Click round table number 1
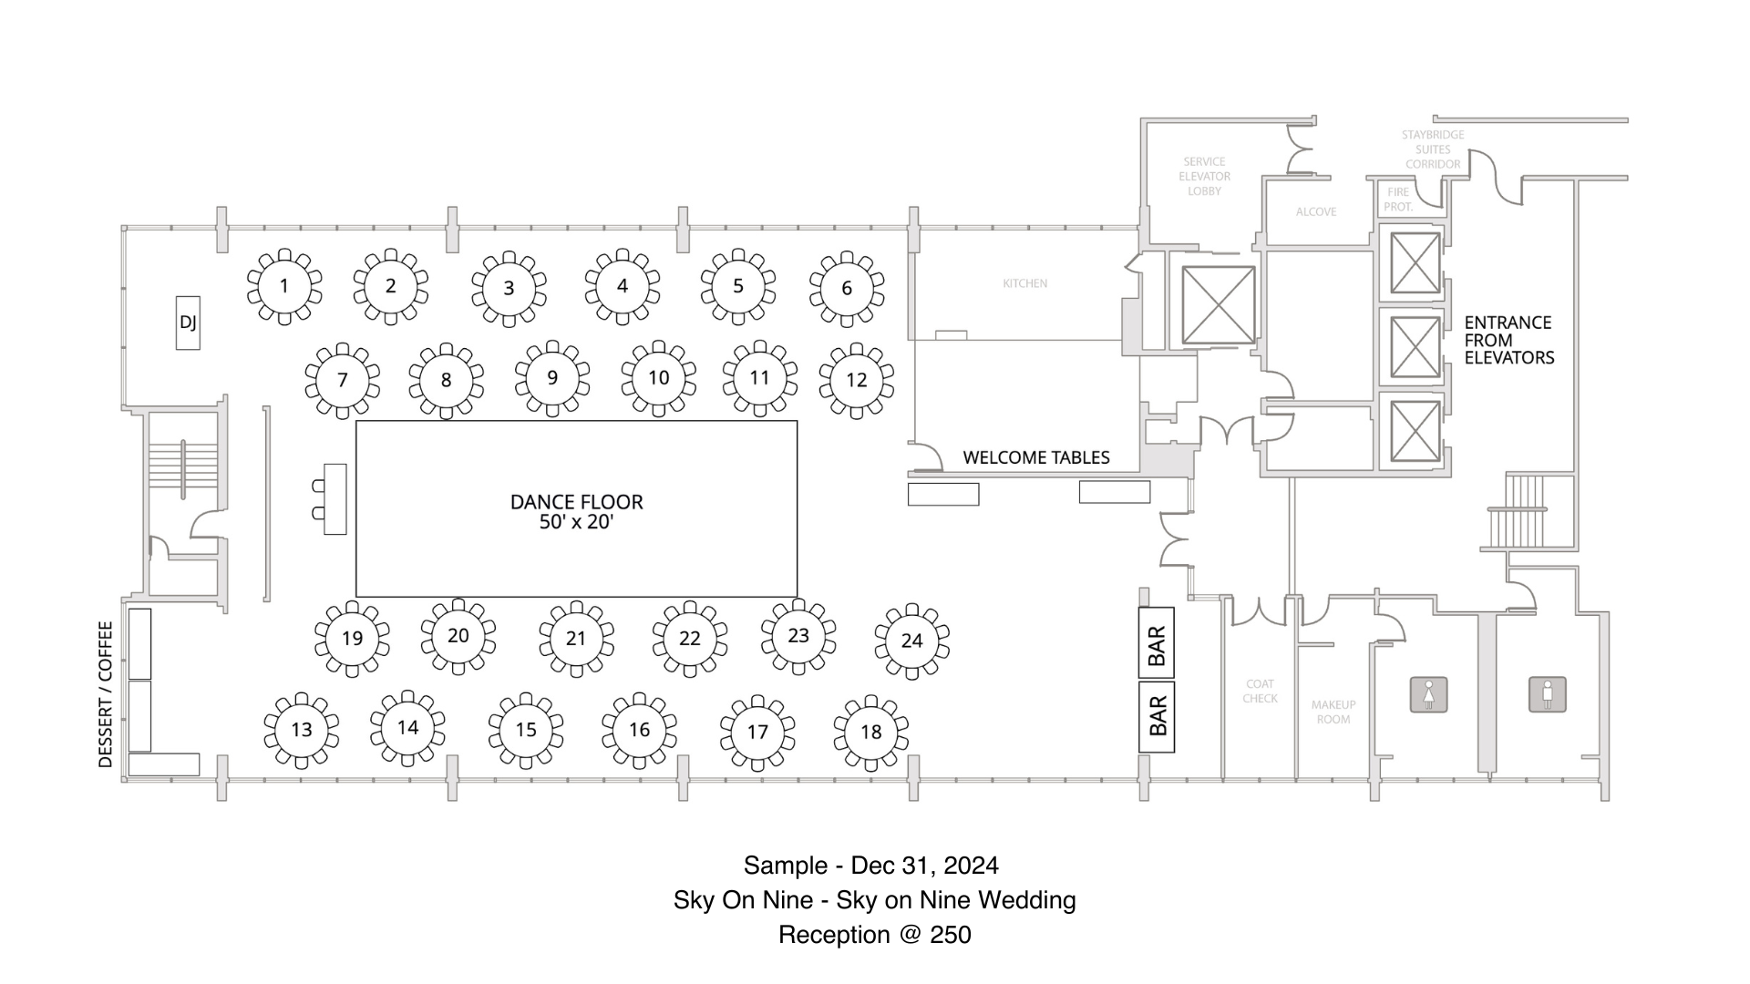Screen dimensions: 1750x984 point(284,287)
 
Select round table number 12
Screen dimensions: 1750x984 point(856,380)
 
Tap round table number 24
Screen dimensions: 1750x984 point(911,641)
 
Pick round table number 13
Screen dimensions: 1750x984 point(302,730)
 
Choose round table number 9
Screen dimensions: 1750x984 point(552,378)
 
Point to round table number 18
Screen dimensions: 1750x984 point(870,733)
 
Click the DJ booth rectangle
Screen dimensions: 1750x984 point(188,323)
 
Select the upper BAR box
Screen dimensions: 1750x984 point(1157,645)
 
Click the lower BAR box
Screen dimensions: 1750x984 point(1157,717)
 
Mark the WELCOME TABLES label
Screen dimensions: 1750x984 point(1036,457)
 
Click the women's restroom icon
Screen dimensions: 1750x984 point(1428,695)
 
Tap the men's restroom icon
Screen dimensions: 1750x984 point(1547,694)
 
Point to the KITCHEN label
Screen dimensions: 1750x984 point(1024,283)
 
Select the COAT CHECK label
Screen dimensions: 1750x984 point(1260,691)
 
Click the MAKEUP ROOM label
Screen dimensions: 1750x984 point(1333,712)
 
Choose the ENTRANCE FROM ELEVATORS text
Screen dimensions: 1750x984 point(1508,340)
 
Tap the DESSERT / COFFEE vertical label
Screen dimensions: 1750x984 point(106,694)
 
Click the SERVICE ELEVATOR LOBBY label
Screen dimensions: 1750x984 point(1204,176)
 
